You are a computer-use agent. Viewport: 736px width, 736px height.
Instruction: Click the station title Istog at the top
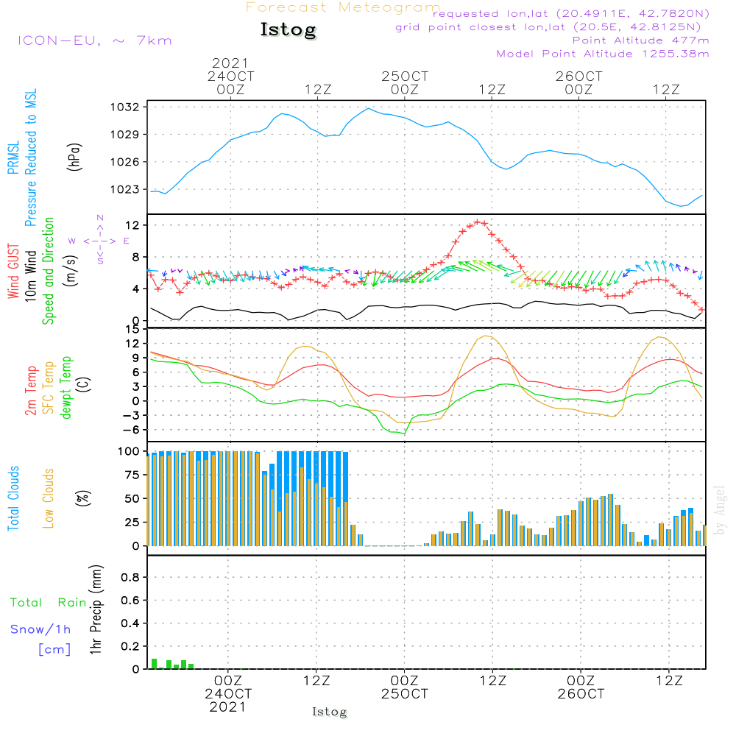pos(288,30)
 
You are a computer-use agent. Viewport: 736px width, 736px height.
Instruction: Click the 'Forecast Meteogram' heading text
pos(343,8)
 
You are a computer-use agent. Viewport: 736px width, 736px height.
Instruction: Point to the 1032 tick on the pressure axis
pos(127,107)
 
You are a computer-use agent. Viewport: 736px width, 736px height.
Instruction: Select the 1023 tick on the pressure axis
pos(127,189)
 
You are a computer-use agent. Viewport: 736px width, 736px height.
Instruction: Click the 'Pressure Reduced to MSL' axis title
pos(31,158)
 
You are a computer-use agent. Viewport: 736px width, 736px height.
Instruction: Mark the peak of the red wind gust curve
pos(478,222)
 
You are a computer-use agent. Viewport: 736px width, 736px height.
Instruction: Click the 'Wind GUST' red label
pos(13,272)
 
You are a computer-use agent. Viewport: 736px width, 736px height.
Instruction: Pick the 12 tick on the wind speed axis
pos(132,224)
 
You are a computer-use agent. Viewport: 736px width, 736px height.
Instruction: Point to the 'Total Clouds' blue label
pos(13,498)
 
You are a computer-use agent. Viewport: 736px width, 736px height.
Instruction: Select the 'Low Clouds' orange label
pos(49,498)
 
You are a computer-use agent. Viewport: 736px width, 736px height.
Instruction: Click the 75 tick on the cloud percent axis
pos(130,475)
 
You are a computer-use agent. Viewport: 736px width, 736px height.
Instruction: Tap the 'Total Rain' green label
pos(48,603)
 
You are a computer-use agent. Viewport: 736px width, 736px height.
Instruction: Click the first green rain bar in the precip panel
pos(155,664)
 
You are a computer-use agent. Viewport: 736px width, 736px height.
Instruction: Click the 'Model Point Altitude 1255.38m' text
pos(603,54)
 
